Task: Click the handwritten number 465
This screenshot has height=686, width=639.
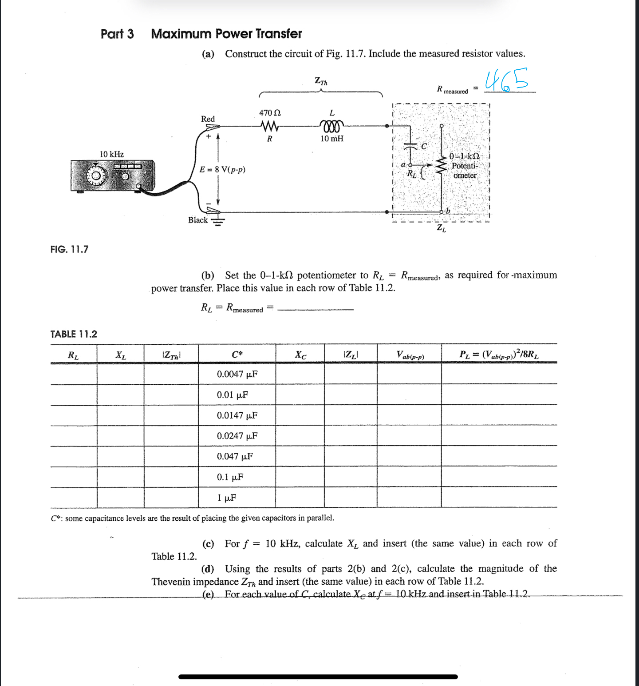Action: tap(506, 80)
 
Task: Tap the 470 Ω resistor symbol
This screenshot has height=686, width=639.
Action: tap(270, 127)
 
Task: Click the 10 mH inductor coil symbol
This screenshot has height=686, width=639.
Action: tap(331, 127)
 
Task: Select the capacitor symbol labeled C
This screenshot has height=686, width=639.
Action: tap(412, 146)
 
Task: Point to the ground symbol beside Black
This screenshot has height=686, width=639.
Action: tap(217, 221)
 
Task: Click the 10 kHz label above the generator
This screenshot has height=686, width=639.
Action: tap(111, 154)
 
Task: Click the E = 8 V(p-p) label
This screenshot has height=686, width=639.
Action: tap(222, 170)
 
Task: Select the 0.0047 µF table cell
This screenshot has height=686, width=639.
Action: tap(237, 374)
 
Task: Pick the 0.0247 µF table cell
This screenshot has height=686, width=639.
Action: tap(237, 436)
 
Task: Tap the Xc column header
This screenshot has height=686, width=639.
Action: tap(300, 355)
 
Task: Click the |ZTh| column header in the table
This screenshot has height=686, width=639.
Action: tap(171, 355)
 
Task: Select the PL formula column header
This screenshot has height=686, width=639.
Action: tap(499, 355)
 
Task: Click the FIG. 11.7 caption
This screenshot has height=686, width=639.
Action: tap(69, 249)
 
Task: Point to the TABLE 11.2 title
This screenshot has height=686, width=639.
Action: tap(74, 334)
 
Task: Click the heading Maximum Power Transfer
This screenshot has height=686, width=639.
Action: tap(226, 34)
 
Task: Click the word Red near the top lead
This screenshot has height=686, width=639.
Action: tap(208, 119)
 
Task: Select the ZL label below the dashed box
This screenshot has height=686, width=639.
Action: tap(441, 228)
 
